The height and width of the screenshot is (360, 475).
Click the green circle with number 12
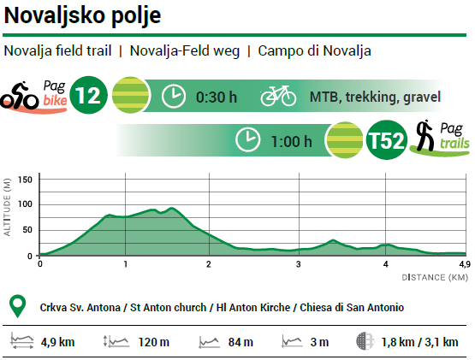click(88, 96)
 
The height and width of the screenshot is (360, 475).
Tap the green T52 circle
click(385, 141)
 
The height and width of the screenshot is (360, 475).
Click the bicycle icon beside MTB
click(278, 95)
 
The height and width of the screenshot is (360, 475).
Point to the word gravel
click(420, 97)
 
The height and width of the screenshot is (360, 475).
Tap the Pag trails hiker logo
click(438, 138)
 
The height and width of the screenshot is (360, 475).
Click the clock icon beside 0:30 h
click(174, 96)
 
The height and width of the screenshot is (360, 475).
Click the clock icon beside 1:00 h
click(248, 140)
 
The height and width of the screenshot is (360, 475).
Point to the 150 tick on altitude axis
click(24, 179)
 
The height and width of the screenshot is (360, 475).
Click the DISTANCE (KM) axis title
click(435, 278)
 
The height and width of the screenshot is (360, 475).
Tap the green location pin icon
click(15, 306)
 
